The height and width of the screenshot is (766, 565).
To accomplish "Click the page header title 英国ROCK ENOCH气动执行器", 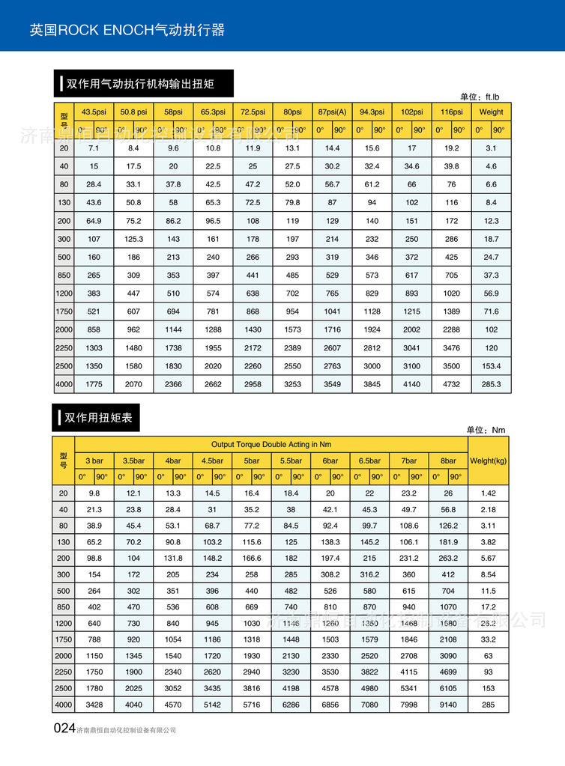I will [127, 31].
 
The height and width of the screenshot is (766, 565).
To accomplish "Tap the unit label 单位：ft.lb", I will [484, 97].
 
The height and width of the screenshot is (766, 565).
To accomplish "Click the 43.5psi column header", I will [94, 112].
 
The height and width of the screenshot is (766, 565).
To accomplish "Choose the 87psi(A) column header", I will [332, 112].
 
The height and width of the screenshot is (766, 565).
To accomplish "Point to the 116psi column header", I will [452, 112].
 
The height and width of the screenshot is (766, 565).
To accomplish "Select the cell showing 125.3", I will [133, 239].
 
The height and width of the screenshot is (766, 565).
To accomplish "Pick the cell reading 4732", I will [452, 384].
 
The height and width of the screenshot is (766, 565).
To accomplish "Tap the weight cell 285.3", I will [491, 384].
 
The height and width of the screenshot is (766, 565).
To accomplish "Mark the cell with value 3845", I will [372, 384].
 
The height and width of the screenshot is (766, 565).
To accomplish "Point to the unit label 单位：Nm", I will [486, 430].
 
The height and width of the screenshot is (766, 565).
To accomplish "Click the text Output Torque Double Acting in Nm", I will [271, 444].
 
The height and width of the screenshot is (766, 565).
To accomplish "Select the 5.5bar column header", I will [291, 460].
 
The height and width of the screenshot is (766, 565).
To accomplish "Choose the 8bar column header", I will [448, 460].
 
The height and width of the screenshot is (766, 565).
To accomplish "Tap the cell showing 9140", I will [448, 705].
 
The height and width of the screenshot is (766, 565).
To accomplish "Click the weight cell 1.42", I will [488, 493].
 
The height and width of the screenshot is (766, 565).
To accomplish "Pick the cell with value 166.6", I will [252, 558].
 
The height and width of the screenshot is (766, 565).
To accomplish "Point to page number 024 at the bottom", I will [64, 729].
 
